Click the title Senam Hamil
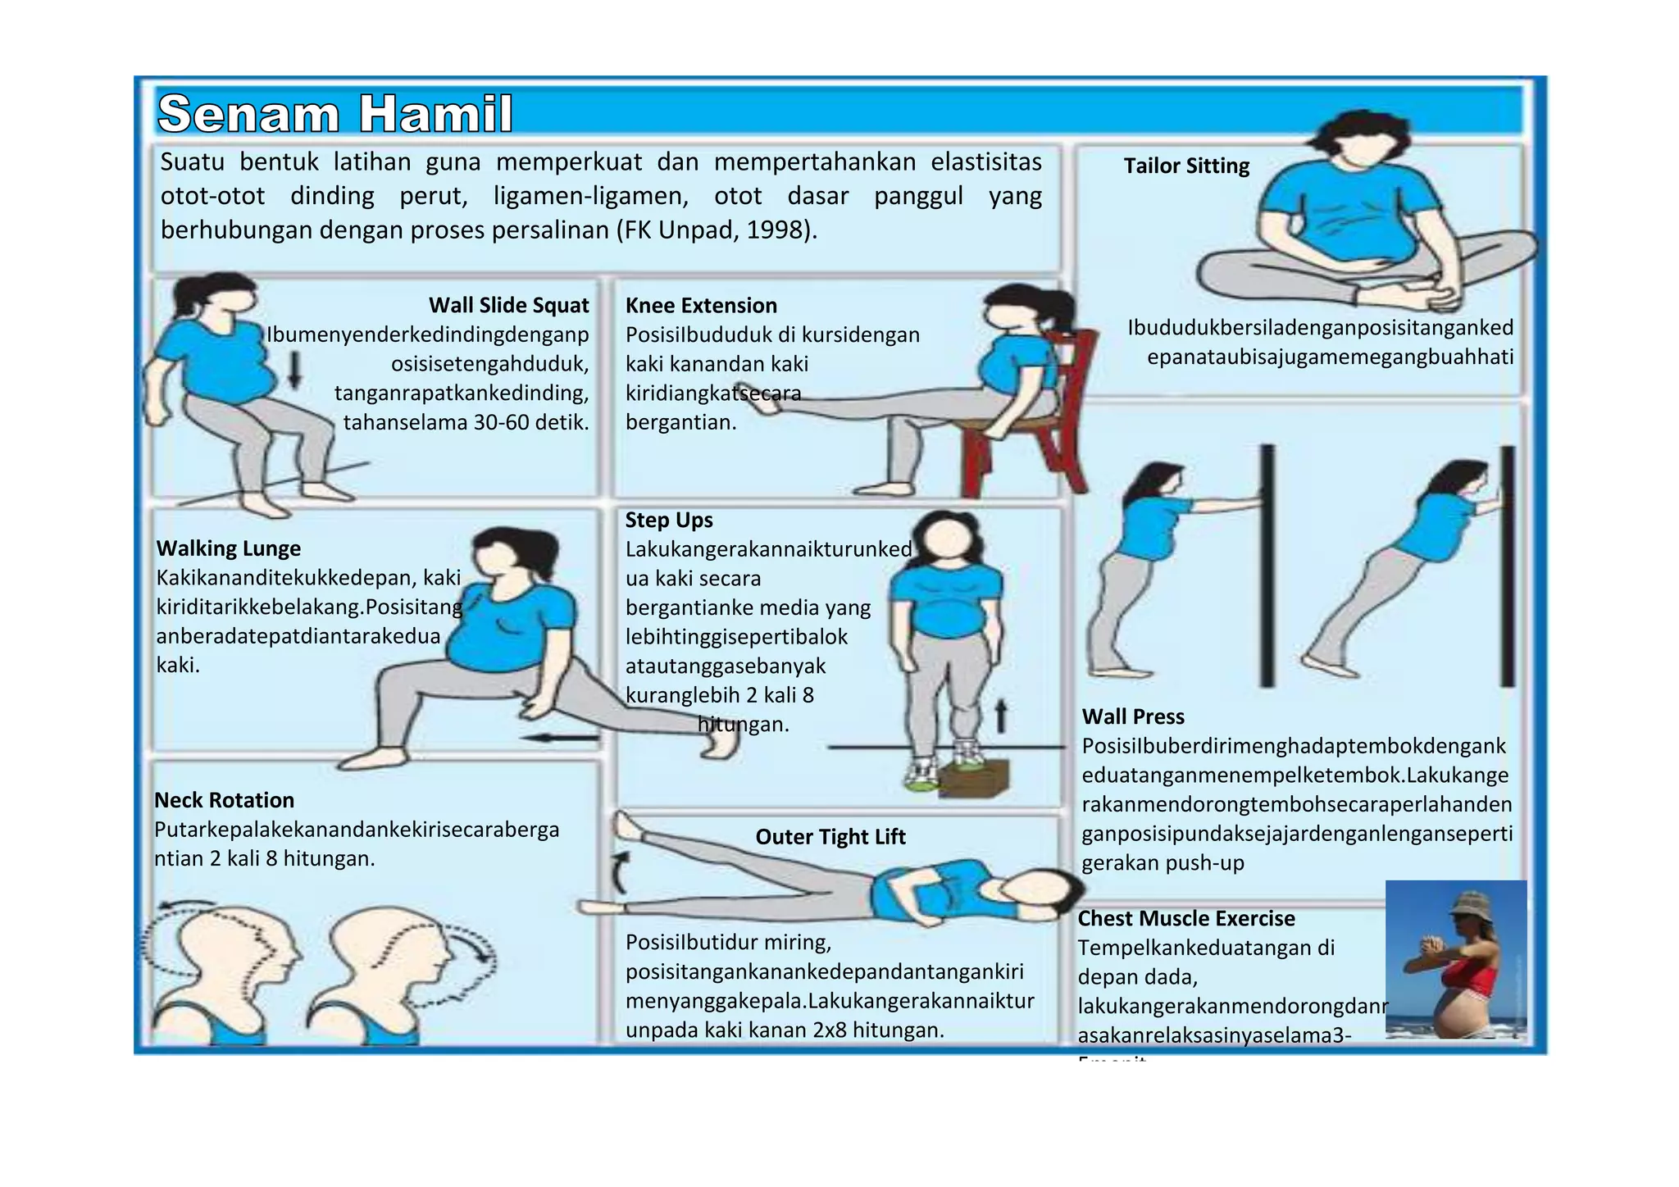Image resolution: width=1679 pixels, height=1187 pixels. pos(335,113)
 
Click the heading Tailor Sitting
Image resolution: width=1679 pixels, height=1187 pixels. pos(1185,166)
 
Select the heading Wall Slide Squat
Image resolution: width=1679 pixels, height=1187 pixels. pos(508,305)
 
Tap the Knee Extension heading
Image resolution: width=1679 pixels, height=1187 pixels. pos(701,305)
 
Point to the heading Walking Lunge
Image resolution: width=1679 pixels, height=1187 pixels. pos(228,548)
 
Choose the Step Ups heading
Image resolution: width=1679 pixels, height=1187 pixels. pos(668,520)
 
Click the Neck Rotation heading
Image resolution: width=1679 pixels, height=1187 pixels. pos(224,799)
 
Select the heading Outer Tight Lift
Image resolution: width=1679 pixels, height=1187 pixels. pos(830,836)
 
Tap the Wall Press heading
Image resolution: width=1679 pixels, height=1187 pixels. pos(1133,716)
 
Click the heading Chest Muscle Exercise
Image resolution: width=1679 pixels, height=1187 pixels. pos(1185,918)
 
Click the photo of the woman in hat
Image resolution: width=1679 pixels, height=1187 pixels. pos(1455,959)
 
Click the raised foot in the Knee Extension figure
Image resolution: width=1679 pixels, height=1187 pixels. pos(751,399)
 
